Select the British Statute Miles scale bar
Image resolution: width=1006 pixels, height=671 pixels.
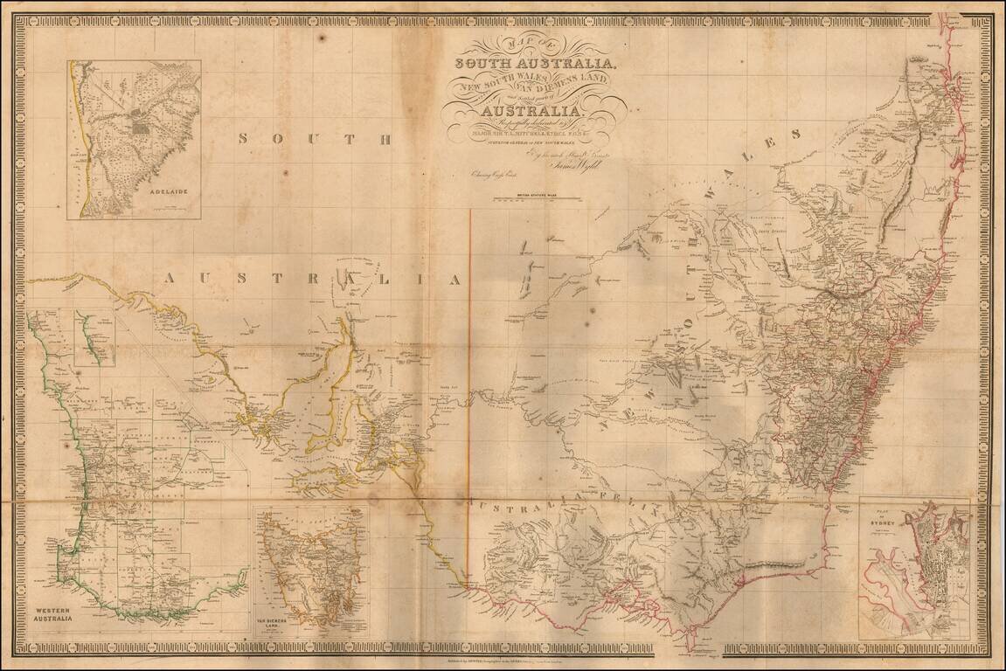[x=528, y=200]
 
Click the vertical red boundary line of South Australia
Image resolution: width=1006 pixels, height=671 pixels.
[x=471, y=349]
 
